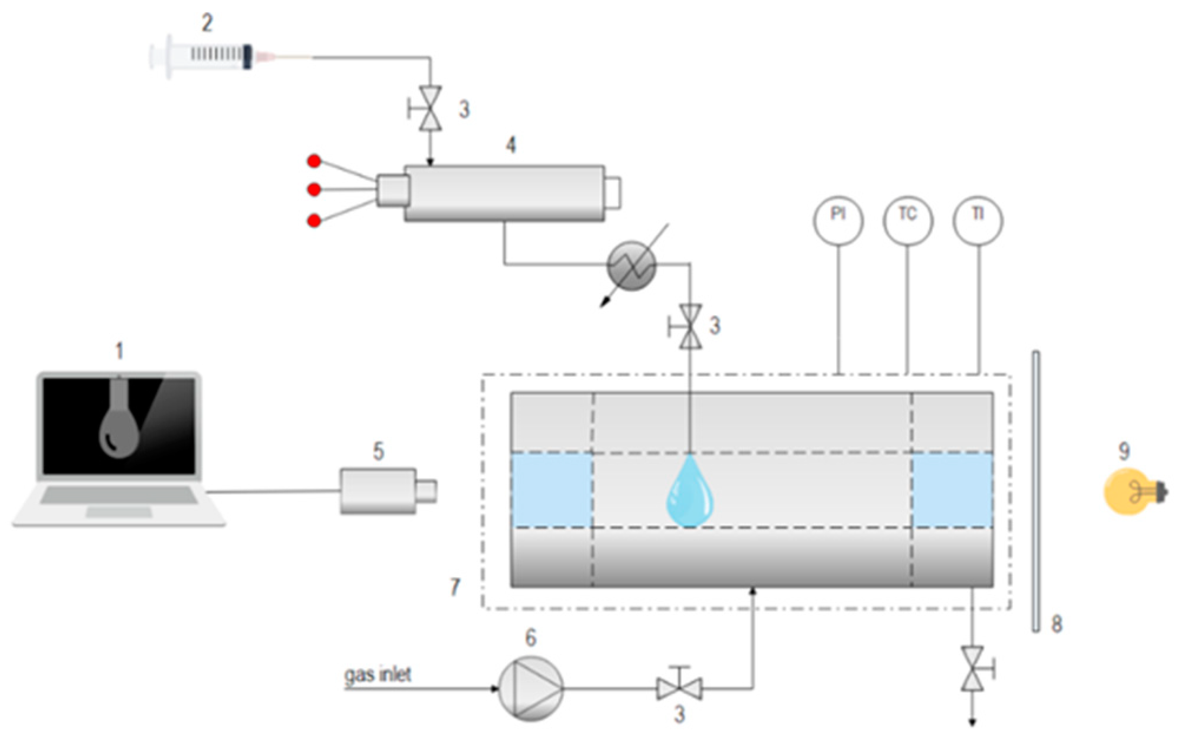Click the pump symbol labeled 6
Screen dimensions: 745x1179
click(x=531, y=688)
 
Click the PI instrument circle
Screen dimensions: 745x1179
click(x=838, y=220)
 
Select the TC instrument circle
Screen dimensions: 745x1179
click(x=908, y=220)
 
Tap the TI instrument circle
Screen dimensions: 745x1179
click(x=978, y=220)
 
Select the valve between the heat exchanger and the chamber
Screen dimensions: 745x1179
click(x=690, y=327)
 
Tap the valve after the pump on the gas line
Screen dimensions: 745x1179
click(x=679, y=688)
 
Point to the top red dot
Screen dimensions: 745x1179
click(x=314, y=161)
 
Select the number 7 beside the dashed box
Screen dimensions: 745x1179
click(x=455, y=586)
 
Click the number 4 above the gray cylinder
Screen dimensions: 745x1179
click(x=511, y=145)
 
